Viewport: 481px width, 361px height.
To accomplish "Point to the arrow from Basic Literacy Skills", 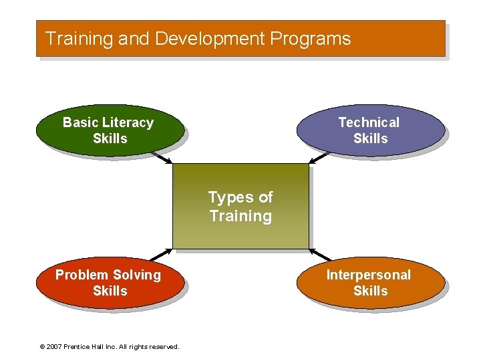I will (161, 158).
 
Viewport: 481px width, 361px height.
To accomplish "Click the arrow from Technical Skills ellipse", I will (319, 158).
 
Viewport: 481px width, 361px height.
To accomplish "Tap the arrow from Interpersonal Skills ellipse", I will (321, 255).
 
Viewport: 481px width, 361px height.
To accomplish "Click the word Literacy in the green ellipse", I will (128, 122).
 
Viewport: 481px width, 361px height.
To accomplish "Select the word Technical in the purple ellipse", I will (369, 122).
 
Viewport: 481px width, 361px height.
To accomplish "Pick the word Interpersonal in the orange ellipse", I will (369, 275).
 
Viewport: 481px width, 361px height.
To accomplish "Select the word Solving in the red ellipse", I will (136, 275).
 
